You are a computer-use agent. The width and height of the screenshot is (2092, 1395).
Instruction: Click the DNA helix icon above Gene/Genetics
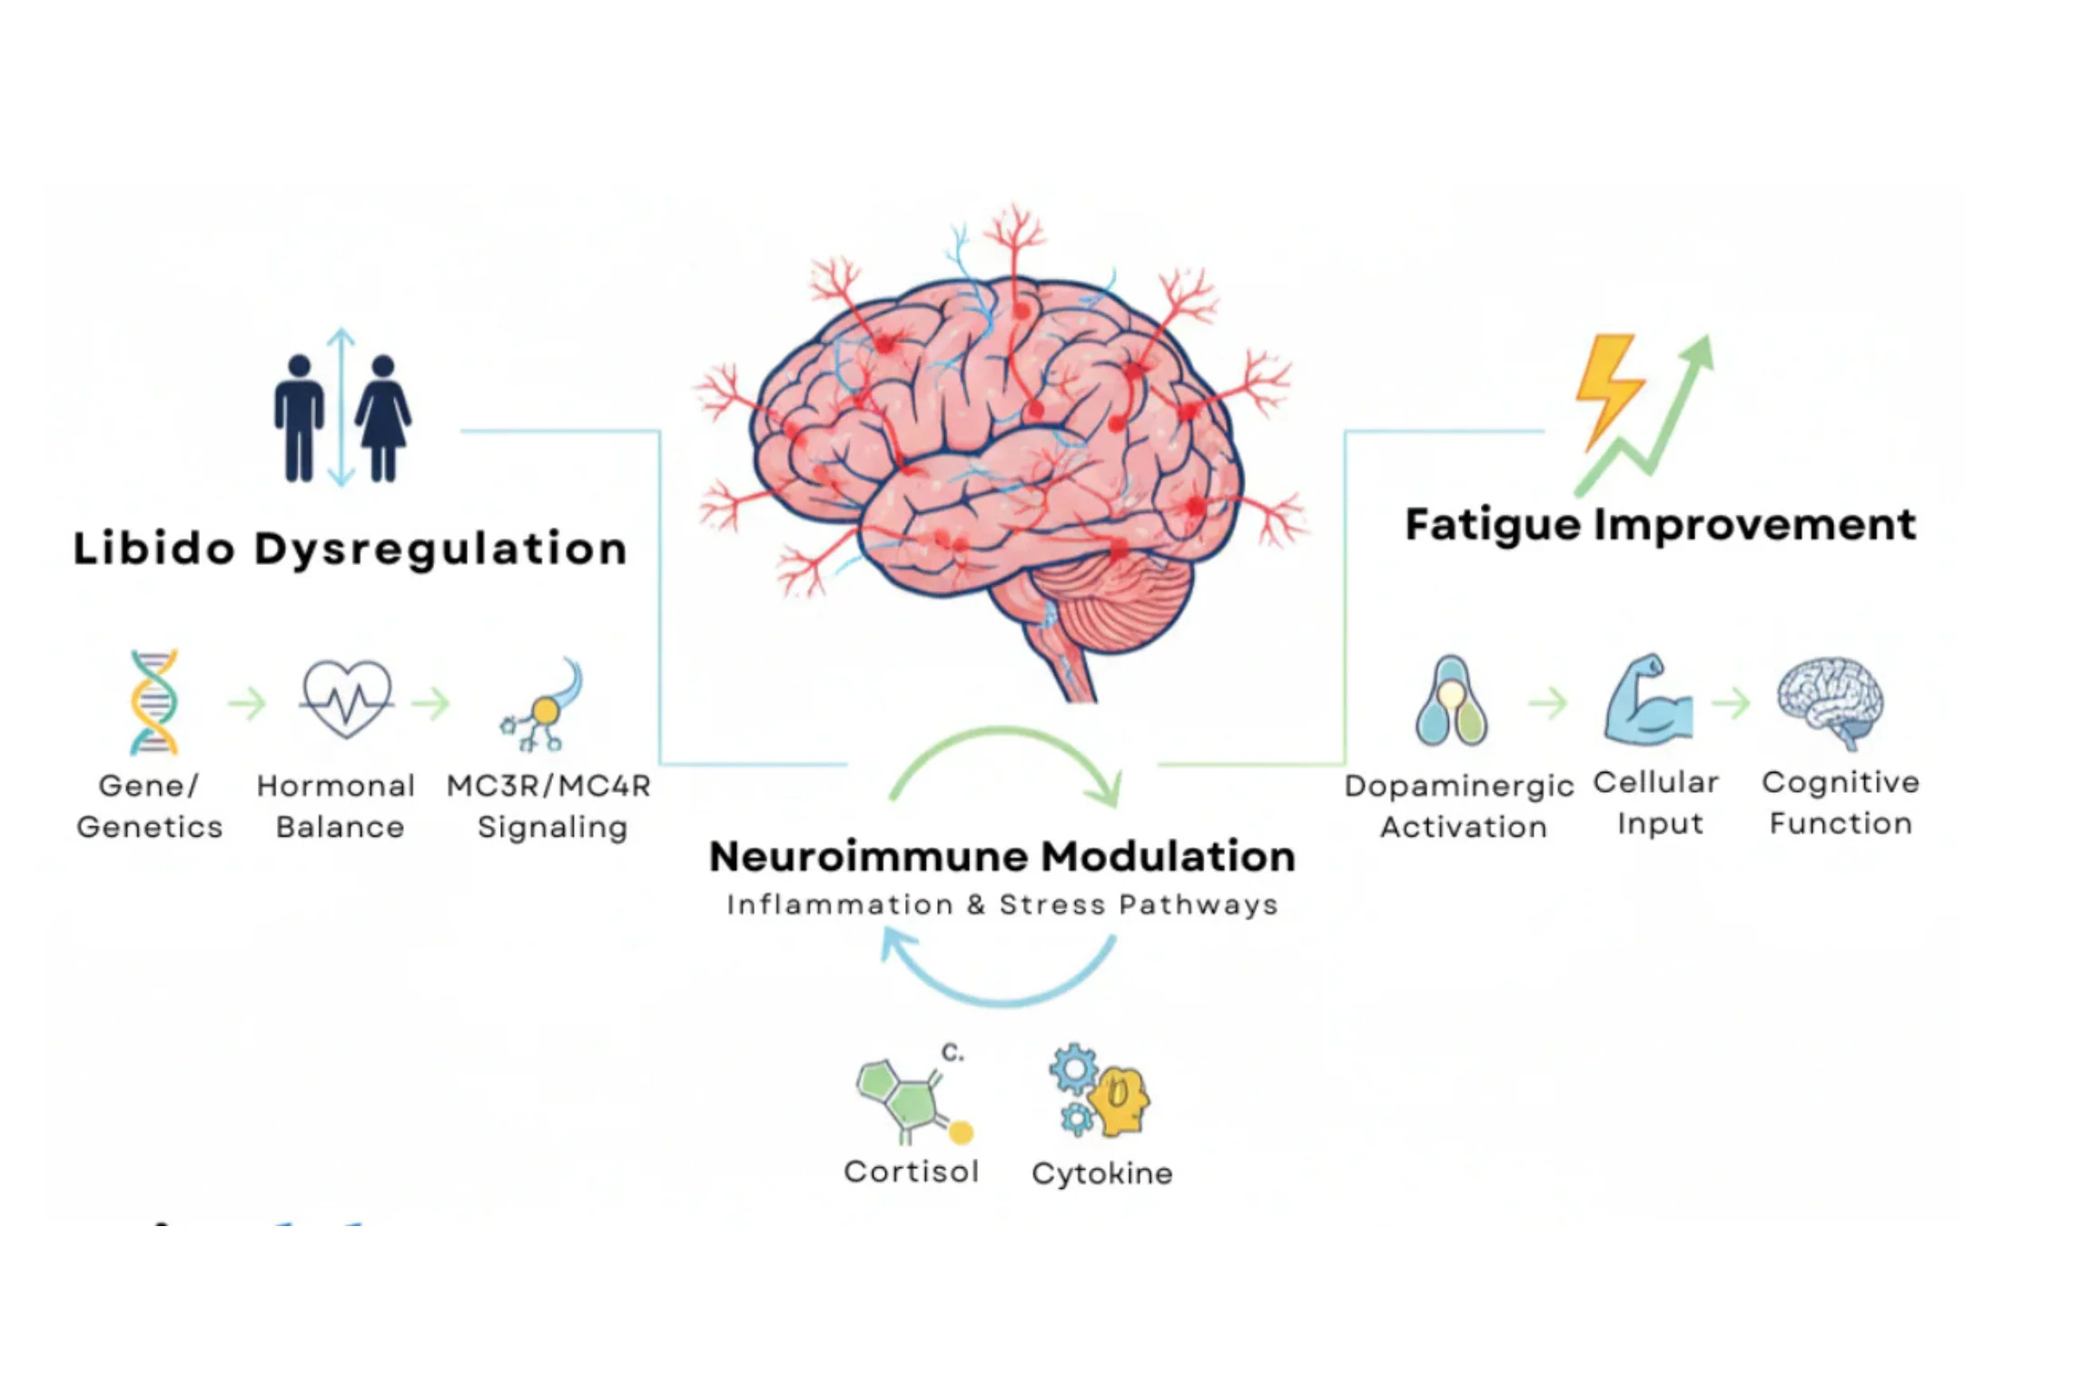153,702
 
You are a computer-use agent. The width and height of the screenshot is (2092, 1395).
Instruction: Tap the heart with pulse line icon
347,697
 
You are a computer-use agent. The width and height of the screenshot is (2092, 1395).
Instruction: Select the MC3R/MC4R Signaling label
549,806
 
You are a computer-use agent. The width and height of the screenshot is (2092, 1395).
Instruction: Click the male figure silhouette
299,418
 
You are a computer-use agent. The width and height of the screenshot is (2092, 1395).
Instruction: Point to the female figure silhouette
383,418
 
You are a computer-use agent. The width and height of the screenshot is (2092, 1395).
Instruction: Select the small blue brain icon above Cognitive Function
1830,702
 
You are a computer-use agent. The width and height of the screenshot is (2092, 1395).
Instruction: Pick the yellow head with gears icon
1100,1091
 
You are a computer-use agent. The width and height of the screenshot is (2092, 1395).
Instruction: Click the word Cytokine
1102,1174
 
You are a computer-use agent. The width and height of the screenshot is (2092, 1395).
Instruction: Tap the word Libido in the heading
154,549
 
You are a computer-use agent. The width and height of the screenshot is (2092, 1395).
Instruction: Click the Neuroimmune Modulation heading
1002,856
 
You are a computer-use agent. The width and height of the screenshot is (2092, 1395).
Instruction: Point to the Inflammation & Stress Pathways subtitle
1002,905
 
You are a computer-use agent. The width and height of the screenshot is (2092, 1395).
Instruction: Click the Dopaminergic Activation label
1459,806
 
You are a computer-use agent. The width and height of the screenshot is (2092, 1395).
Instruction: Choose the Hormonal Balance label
337,806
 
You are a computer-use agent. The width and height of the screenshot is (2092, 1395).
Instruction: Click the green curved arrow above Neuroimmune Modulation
1003,730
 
